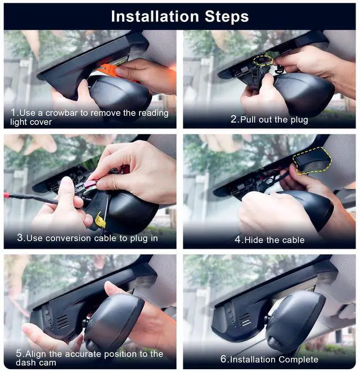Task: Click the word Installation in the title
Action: pyautogui.click(x=155, y=16)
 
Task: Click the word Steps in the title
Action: pyautogui.click(x=227, y=17)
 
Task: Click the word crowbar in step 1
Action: pyautogui.click(x=61, y=113)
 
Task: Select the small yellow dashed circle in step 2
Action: pyautogui.click(x=263, y=60)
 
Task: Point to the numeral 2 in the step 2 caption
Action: pyautogui.click(x=233, y=119)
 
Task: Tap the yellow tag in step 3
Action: pyautogui.click(x=99, y=220)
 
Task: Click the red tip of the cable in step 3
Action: pyautogui.click(x=6, y=195)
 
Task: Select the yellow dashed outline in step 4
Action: pyautogui.click(x=312, y=160)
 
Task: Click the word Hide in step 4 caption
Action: pyautogui.click(x=254, y=240)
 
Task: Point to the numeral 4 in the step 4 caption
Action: pyautogui.click(x=238, y=240)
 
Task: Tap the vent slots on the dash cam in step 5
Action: pyautogui.click(x=62, y=321)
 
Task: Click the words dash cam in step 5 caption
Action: pyautogui.click(x=36, y=363)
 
